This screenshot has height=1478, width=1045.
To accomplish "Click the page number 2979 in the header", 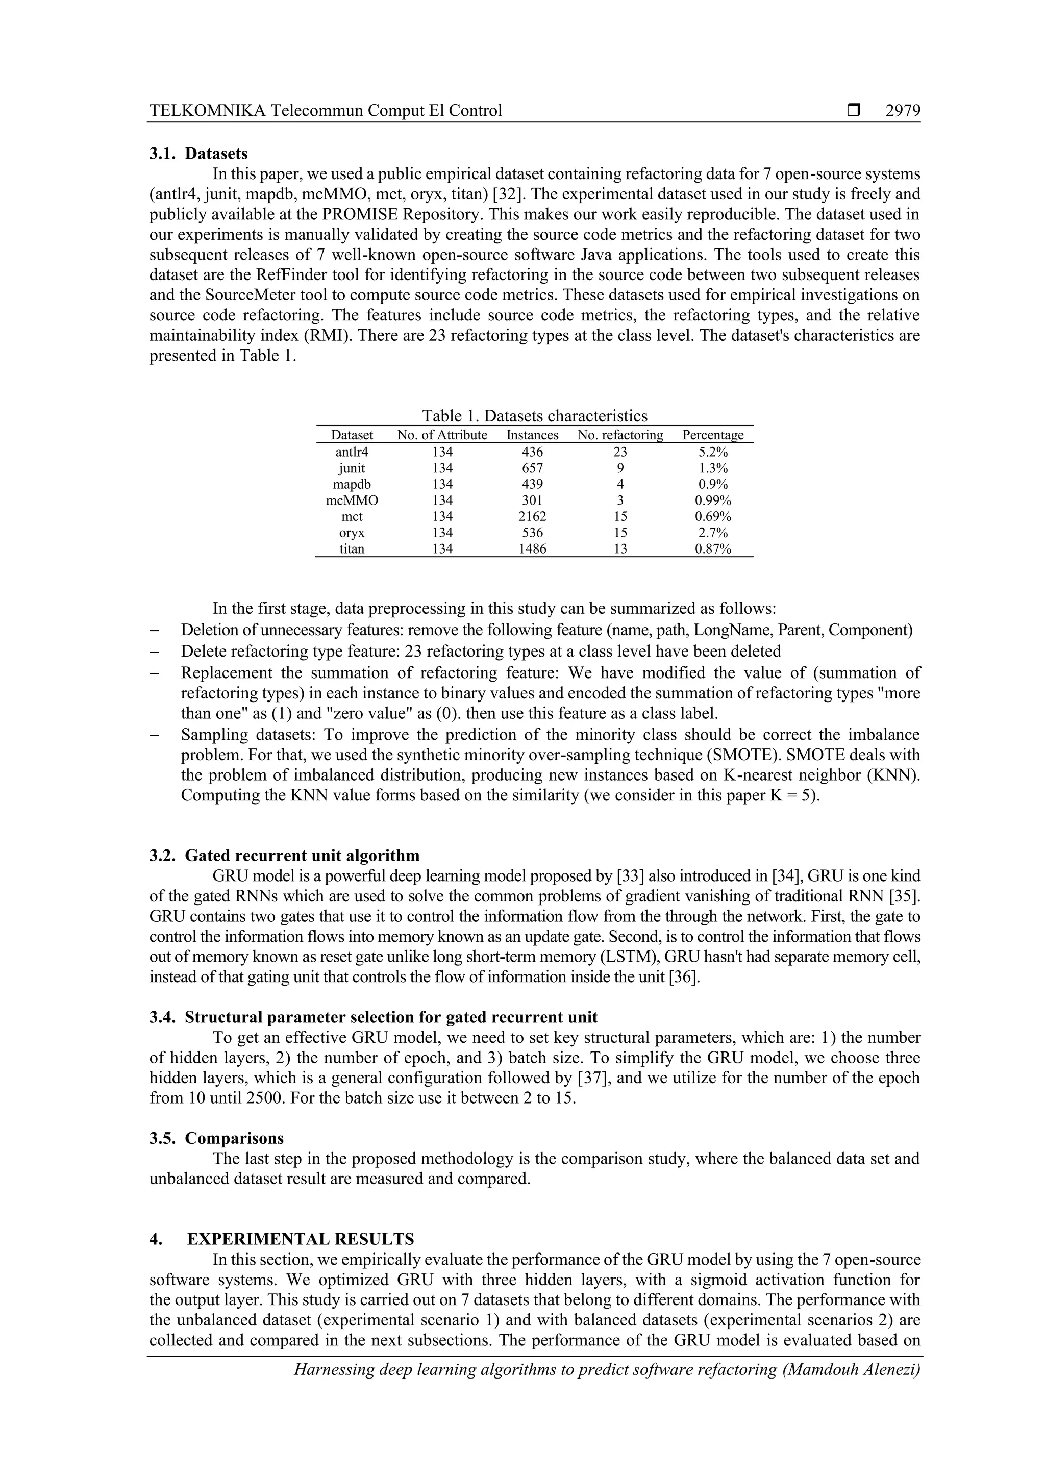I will coord(903,111).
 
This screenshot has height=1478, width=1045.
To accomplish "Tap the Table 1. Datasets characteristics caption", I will coord(534,415).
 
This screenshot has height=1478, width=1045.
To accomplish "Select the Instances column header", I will coord(533,435).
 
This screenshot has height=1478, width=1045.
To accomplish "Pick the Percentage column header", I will coord(713,435).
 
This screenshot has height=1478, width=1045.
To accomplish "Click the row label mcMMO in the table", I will coord(352,500).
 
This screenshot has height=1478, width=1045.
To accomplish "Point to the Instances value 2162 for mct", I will coord(533,516).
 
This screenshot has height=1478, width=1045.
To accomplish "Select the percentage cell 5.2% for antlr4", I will coord(713,452).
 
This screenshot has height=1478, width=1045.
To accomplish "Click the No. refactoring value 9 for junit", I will coord(620,468).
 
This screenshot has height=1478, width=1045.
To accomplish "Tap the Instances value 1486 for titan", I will coord(533,549).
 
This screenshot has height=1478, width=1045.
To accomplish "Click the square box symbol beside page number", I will coord(854,111).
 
